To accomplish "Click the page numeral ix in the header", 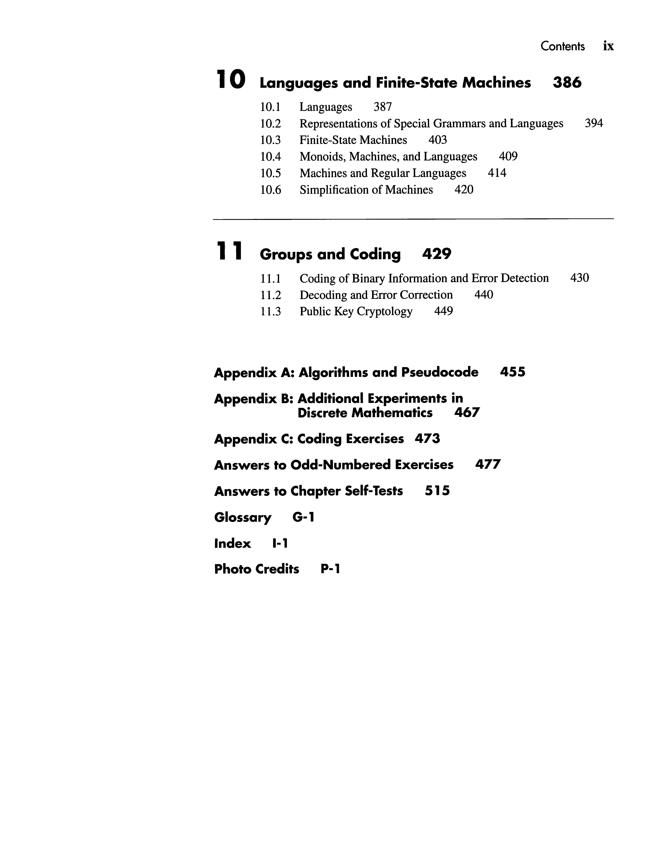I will [x=608, y=46].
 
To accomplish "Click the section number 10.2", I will [x=271, y=124].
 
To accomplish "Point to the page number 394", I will [x=594, y=123].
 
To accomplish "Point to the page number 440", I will [x=483, y=295].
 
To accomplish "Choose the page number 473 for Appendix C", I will [x=427, y=439].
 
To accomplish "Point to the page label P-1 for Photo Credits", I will [x=330, y=569].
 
